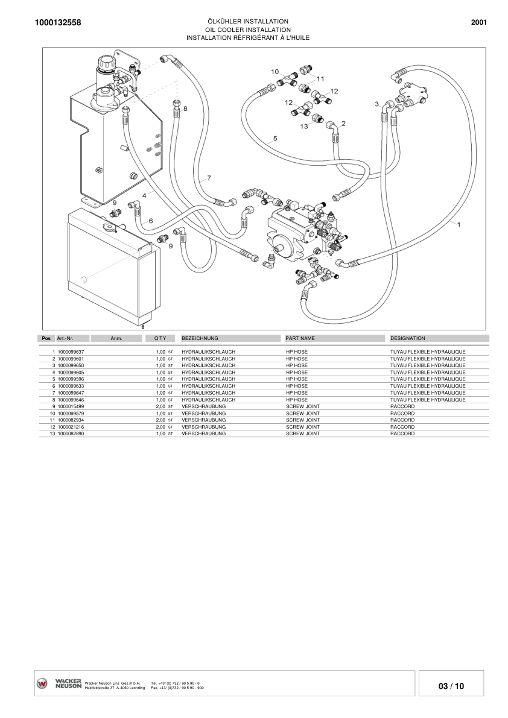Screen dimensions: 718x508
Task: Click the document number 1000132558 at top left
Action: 54,23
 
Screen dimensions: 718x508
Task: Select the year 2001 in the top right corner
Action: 478,22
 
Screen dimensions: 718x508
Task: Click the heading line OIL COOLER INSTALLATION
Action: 248,30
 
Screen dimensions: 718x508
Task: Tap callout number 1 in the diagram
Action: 460,225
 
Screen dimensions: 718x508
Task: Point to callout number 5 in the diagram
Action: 275,138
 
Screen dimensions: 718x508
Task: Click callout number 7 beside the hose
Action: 209,178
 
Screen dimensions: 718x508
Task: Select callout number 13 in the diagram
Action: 304,127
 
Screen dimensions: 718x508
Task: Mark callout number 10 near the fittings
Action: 275,72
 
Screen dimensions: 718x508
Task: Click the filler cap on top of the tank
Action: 107,62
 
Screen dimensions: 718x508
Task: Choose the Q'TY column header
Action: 160,339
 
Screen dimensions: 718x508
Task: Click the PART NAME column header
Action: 300,339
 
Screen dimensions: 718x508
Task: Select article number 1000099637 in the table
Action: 71,351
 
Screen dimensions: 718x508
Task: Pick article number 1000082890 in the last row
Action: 71,433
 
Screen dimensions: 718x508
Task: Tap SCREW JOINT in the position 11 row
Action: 302,420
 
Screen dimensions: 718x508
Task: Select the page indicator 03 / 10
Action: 451,686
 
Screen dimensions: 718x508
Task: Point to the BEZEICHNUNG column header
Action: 200,339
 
